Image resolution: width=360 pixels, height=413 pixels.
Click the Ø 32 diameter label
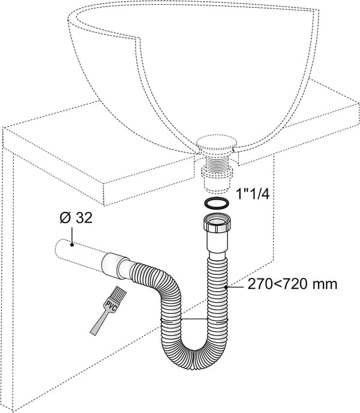point(76,218)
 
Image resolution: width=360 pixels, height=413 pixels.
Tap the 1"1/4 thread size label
point(253,194)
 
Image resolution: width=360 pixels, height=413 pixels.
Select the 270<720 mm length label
point(292,284)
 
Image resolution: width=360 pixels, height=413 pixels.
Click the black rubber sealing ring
point(216,203)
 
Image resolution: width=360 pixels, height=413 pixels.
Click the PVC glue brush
point(108,311)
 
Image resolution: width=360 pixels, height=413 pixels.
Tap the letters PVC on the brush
point(110,306)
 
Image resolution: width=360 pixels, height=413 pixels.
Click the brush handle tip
point(93,333)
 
